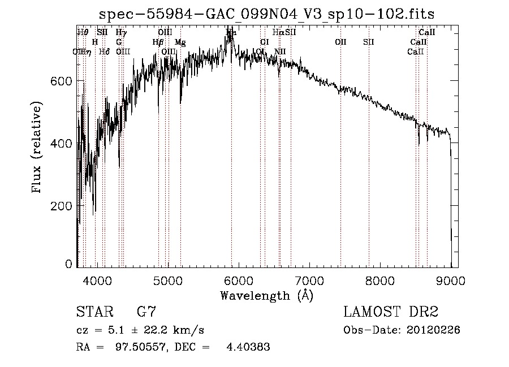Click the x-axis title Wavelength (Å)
(266, 295)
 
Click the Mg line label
(180, 42)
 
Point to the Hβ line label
(158, 42)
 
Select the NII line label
(280, 51)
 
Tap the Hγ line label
(121, 33)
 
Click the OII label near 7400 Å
(340, 42)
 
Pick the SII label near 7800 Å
(369, 42)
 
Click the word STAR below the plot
(93, 312)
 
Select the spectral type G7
(146, 312)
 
